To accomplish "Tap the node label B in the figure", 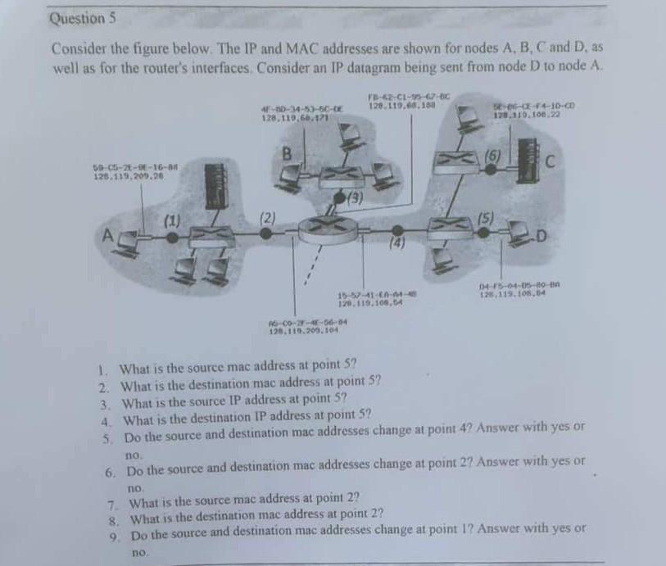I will [x=287, y=153].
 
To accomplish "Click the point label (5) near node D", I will [x=487, y=219].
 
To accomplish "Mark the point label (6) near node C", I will [x=492, y=155].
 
